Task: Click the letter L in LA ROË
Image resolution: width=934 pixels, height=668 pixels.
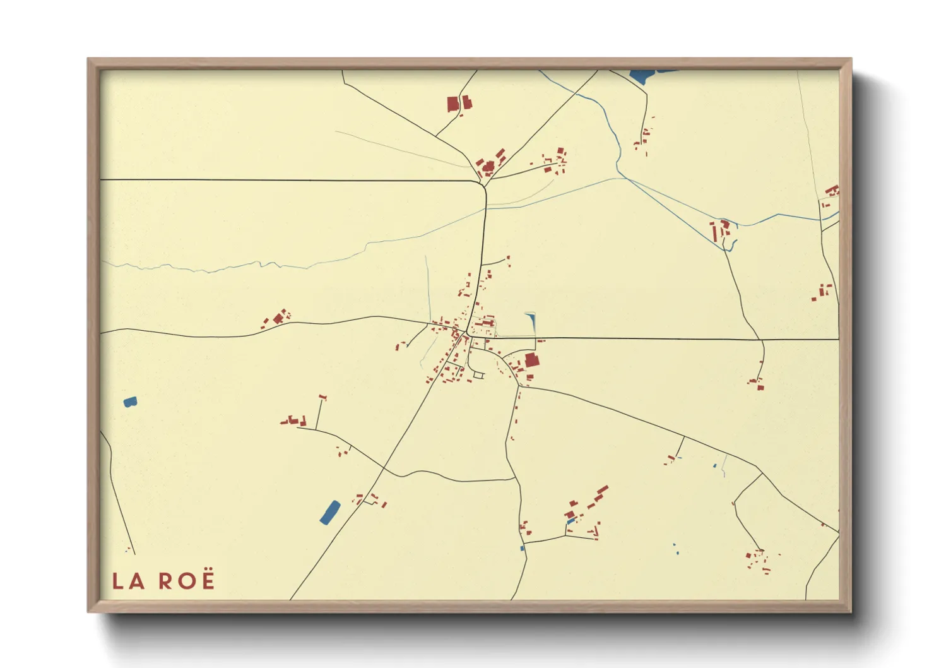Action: pyautogui.click(x=117, y=581)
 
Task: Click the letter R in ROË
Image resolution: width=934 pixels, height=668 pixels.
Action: pyautogui.click(x=165, y=581)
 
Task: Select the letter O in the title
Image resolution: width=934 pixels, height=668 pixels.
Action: pyautogui.click(x=186, y=581)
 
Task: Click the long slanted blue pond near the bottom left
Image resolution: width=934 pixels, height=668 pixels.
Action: pyautogui.click(x=329, y=512)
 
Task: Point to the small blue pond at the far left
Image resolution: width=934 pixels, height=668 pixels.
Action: pyautogui.click(x=130, y=401)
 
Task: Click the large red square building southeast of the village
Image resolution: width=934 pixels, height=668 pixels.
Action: pyautogui.click(x=532, y=361)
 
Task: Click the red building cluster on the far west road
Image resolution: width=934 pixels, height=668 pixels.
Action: pyautogui.click(x=277, y=317)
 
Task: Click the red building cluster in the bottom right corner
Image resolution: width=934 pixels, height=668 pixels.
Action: pyautogui.click(x=758, y=561)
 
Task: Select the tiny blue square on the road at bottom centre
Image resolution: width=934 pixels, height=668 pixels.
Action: pyautogui.click(x=523, y=548)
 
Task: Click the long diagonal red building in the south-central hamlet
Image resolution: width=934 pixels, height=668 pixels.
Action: pyautogui.click(x=601, y=492)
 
